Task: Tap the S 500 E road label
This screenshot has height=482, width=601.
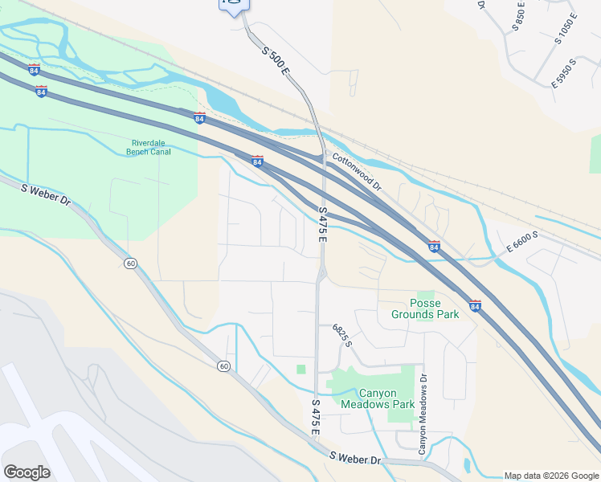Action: (275, 61)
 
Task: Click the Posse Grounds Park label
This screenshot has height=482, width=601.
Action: (425, 308)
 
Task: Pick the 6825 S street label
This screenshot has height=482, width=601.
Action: (342, 336)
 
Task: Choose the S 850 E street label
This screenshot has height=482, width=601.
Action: (519, 17)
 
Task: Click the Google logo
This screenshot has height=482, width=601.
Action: (27, 472)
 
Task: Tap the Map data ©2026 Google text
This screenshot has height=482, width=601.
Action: (550, 476)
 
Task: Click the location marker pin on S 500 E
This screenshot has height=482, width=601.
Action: (234, 4)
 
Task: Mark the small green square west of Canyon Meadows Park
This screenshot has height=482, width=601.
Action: (301, 369)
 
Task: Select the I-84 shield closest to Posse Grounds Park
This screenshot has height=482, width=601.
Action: (475, 305)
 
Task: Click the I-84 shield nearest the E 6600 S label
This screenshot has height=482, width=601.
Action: (434, 245)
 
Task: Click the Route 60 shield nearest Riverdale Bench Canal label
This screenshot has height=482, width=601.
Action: (130, 263)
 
